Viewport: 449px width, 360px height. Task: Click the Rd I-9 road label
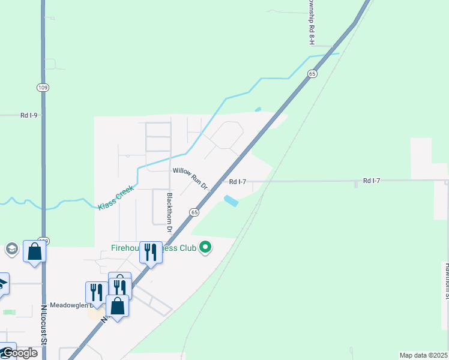29,115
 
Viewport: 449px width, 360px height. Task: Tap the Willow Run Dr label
190,179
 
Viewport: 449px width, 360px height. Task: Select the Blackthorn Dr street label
170,212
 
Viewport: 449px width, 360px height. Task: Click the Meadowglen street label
69,304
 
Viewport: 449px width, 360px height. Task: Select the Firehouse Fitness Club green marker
205,248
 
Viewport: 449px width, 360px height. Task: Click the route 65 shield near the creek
312,73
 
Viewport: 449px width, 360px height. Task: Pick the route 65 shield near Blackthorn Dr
194,212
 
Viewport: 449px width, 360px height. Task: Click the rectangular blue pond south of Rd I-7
230,201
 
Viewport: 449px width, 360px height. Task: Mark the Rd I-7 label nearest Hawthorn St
372,181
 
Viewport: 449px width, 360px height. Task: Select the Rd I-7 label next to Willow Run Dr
238,181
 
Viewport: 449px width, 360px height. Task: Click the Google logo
19,353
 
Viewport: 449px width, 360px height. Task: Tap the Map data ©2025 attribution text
423,355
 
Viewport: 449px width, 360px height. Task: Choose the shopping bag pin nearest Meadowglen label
117,305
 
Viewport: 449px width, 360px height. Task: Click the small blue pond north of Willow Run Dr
258,110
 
